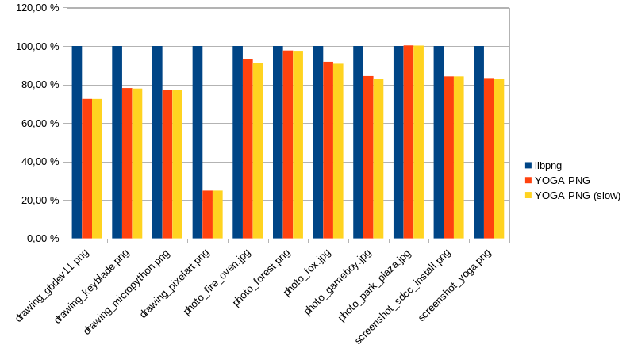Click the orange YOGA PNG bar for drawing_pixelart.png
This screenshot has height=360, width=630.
click(207, 214)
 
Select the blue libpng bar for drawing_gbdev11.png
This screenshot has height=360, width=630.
click(77, 143)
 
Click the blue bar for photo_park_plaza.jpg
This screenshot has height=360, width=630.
click(398, 143)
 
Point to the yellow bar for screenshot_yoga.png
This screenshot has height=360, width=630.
click(499, 159)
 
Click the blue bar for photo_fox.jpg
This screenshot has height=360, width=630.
click(318, 143)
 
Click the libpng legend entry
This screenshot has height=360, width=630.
click(547, 166)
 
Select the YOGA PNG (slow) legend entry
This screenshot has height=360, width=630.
click(577, 195)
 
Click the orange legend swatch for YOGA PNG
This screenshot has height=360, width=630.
click(528, 181)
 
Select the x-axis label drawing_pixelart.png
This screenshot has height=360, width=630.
click(175, 281)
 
